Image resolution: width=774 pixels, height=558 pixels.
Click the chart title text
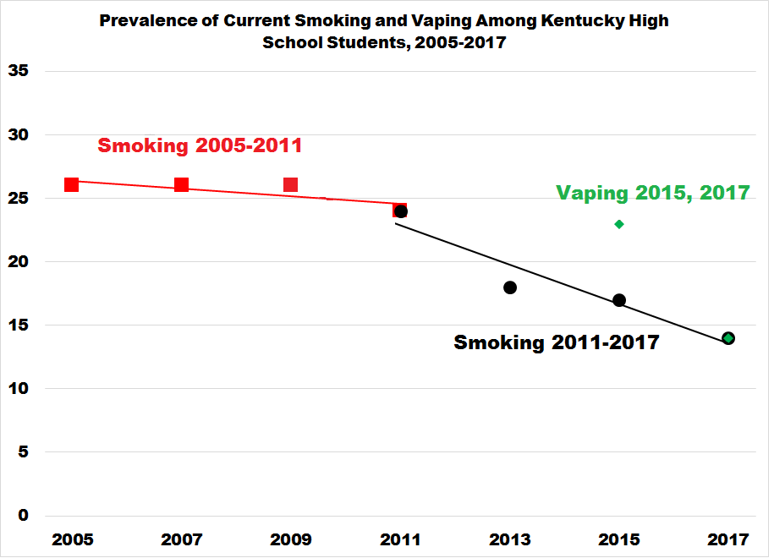pyautogui.click(x=384, y=31)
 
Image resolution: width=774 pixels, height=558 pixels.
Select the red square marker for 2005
pyautogui.click(x=72, y=184)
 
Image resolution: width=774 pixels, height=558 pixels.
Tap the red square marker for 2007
pyautogui.click(x=181, y=184)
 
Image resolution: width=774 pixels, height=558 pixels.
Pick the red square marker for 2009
pyautogui.click(x=290, y=184)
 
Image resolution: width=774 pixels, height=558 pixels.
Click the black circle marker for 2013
pyautogui.click(x=510, y=287)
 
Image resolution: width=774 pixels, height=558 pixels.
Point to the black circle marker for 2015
pyautogui.click(x=619, y=300)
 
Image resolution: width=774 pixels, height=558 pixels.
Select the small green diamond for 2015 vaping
pyautogui.click(x=619, y=224)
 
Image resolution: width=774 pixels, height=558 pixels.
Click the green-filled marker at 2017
pyautogui.click(x=728, y=338)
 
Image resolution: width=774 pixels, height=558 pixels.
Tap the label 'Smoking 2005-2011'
pyautogui.click(x=200, y=145)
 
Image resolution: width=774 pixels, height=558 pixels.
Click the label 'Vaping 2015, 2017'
pyautogui.click(x=652, y=193)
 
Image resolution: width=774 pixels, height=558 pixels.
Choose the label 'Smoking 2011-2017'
pyautogui.click(x=556, y=342)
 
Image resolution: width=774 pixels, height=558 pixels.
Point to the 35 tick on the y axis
pyautogui.click(x=19, y=72)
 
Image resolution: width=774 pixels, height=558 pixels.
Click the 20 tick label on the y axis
pyautogui.click(x=19, y=262)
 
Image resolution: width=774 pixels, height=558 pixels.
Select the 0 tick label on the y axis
pyautogui.click(x=24, y=516)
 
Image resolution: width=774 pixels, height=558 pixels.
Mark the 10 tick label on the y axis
pyautogui.click(x=19, y=389)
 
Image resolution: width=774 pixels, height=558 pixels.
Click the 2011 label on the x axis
pyautogui.click(x=400, y=540)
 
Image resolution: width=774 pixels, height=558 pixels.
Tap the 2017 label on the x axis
pyautogui.click(x=728, y=540)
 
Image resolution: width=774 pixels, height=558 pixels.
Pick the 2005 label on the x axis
pyautogui.click(x=72, y=540)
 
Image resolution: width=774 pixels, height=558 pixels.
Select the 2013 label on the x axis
pyautogui.click(x=510, y=540)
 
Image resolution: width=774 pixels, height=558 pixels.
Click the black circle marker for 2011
pyautogui.click(x=402, y=211)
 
